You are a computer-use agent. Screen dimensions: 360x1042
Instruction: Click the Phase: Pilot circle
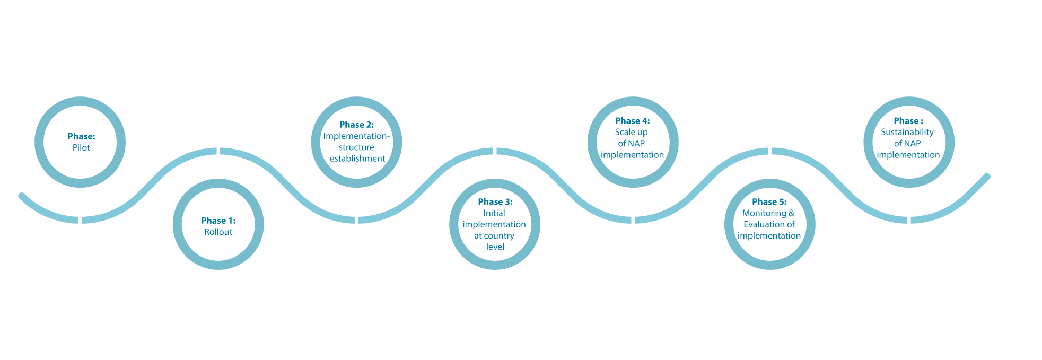(x=81, y=142)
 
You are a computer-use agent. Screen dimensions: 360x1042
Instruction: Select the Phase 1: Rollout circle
(x=218, y=225)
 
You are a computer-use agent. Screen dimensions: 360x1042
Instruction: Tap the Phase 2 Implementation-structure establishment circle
(x=356, y=142)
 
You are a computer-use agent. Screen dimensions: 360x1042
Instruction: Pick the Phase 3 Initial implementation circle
(x=494, y=224)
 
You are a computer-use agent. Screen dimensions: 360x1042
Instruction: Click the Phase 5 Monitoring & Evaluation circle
(x=769, y=224)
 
